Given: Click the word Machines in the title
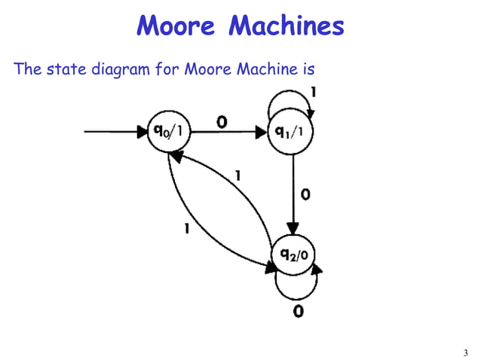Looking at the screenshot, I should pos(286,27).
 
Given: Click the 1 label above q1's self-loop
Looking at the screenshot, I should pos(313,93).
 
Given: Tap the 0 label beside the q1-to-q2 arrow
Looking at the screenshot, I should pos(305,194).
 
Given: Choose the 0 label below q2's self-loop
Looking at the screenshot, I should pos(299,310).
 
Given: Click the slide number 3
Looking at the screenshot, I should pos(465,352).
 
